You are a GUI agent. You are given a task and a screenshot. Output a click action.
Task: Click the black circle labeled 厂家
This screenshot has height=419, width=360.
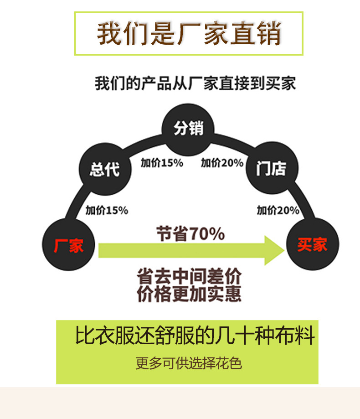[69, 245]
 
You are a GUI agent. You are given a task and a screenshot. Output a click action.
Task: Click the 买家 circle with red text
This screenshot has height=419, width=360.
[313, 245]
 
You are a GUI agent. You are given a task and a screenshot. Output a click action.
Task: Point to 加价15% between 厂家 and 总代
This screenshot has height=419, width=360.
[107, 210]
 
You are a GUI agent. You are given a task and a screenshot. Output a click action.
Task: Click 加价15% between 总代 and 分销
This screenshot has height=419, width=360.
[161, 163]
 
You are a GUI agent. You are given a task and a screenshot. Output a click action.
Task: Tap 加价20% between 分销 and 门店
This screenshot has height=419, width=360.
[222, 163]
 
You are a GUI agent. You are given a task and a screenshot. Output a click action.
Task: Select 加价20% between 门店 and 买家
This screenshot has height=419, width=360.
[278, 210]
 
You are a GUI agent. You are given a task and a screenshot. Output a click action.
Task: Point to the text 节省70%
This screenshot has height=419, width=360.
[190, 234]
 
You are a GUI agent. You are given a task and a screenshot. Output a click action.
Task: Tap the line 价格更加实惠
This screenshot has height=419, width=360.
[189, 294]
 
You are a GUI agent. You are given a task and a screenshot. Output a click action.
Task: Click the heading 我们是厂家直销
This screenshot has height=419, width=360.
[189, 33]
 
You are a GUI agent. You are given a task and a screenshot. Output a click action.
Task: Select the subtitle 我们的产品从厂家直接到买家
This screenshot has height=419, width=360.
[195, 83]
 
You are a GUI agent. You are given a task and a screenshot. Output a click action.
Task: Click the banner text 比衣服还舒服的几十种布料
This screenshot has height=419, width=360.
[195, 337]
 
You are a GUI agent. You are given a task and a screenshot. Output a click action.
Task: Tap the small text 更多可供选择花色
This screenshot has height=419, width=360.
[189, 363]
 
